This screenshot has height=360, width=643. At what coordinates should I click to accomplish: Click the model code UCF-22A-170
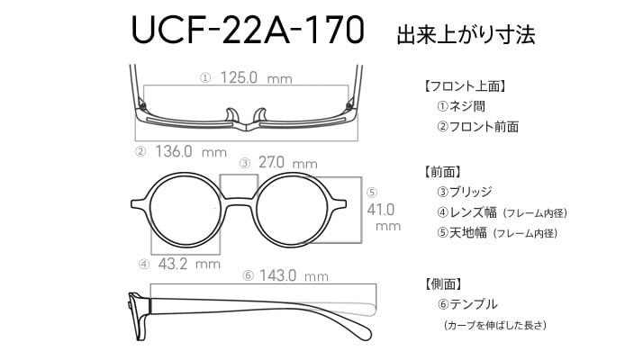(x=248, y=30)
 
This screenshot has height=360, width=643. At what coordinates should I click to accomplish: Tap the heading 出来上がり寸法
(x=466, y=35)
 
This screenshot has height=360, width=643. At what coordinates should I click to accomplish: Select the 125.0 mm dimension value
(x=257, y=77)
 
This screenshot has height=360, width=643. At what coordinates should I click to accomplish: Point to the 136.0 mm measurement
(x=191, y=152)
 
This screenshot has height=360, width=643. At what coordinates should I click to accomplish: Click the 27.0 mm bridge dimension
(x=288, y=163)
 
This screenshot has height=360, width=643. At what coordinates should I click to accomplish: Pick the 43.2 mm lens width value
(x=189, y=264)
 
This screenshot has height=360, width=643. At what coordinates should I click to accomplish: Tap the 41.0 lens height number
(x=381, y=210)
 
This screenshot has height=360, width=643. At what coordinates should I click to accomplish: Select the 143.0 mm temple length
(x=294, y=275)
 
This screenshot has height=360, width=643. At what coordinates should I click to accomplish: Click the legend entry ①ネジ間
(x=461, y=106)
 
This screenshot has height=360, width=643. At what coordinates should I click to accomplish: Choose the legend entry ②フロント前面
(x=477, y=127)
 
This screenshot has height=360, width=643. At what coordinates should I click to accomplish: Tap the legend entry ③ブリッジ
(x=464, y=192)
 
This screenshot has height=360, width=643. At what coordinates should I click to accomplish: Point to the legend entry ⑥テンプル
(x=467, y=304)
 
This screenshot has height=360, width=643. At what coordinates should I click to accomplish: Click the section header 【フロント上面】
(x=465, y=86)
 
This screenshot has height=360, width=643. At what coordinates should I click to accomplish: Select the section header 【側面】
(x=444, y=283)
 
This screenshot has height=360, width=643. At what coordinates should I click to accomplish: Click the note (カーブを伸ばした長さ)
(x=495, y=325)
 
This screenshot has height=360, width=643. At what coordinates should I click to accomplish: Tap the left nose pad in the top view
(x=232, y=115)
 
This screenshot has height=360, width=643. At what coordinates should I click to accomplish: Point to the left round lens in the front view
(x=186, y=211)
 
